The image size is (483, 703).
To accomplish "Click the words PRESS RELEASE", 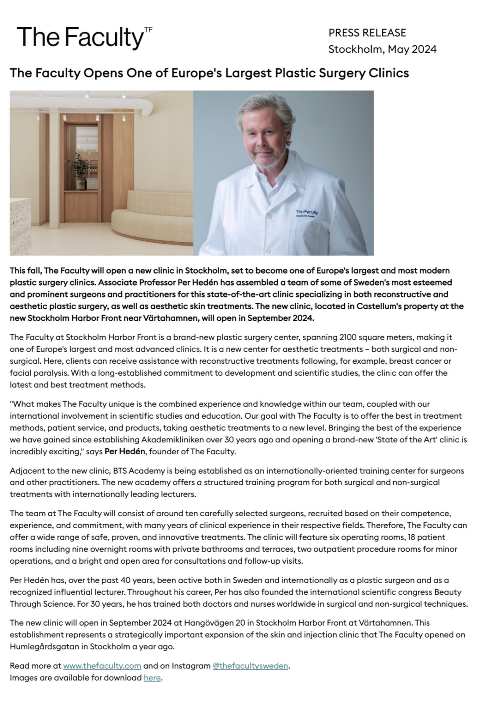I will pos(367,33).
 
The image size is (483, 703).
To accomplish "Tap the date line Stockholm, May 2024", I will pos(382,49).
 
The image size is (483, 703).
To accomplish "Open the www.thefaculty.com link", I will pos(102,666).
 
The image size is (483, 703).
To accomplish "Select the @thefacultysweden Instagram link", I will pos(250,666).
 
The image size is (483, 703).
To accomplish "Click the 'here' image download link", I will pos(152,678).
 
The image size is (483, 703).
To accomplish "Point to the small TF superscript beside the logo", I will pos(148,29).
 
